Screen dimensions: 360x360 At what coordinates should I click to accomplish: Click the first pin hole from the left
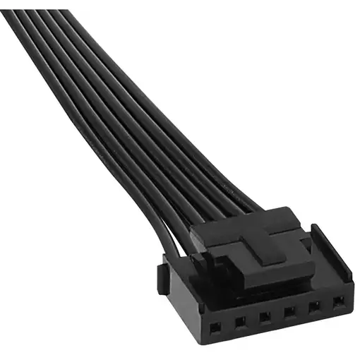(x=215, y=325)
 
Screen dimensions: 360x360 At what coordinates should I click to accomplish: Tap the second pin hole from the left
(x=240, y=322)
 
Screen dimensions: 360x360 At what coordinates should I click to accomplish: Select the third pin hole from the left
(x=265, y=317)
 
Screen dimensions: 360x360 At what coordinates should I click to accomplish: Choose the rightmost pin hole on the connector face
(x=337, y=302)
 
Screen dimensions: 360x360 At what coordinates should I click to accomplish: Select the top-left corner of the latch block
(x=192, y=227)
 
